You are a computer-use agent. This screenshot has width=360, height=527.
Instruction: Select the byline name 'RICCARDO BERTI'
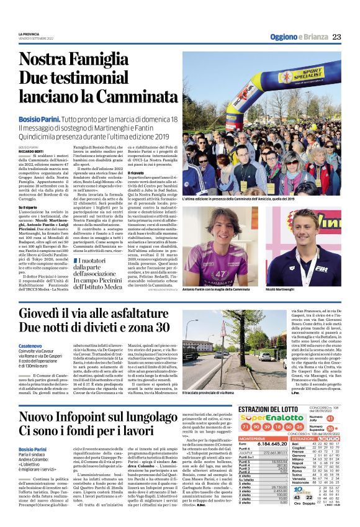pyautogui.click(x=32, y=151)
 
